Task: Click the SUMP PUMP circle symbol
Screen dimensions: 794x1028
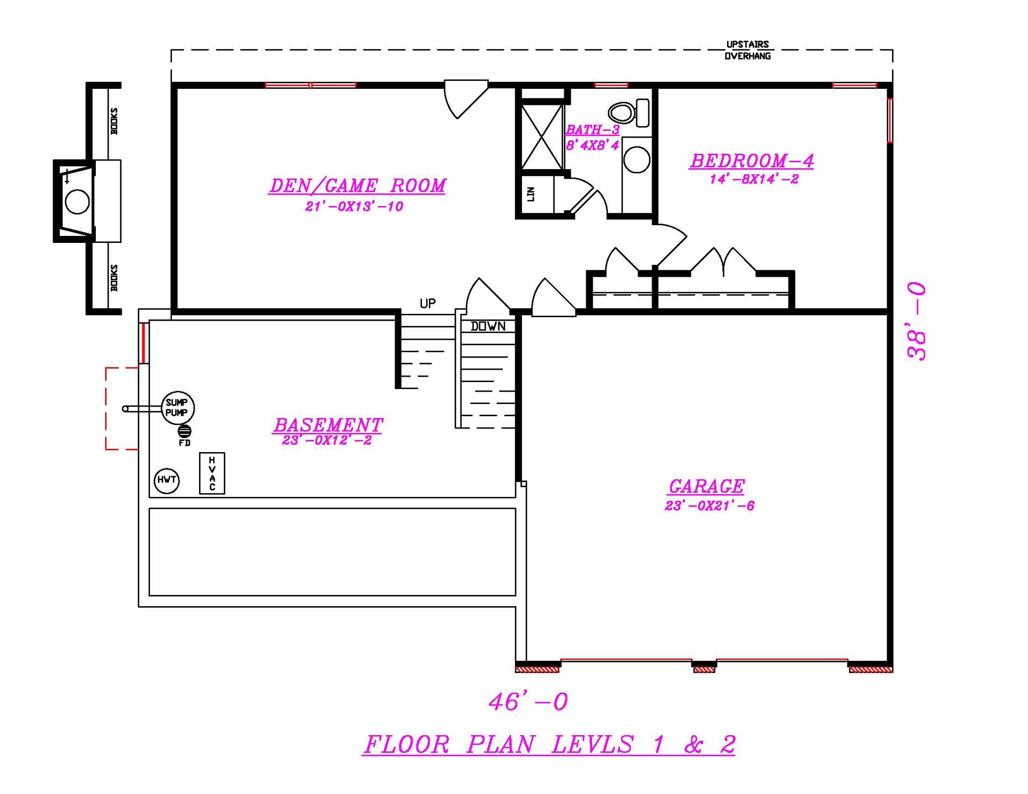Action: pyautogui.click(x=178, y=408)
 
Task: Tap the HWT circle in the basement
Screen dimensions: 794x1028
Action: pyautogui.click(x=167, y=480)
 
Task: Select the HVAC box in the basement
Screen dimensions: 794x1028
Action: pyautogui.click(x=212, y=474)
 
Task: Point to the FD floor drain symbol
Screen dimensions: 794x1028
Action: pyautogui.click(x=184, y=431)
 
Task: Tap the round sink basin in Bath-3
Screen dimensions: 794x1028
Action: pyautogui.click(x=637, y=159)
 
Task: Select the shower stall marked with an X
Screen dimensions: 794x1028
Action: pyautogui.click(x=542, y=137)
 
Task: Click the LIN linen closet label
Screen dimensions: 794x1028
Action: pyautogui.click(x=531, y=194)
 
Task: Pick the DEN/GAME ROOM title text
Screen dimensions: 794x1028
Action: pyautogui.click(x=357, y=186)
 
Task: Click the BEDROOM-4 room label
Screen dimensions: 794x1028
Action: pyautogui.click(x=752, y=161)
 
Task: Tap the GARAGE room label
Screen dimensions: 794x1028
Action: pyautogui.click(x=706, y=486)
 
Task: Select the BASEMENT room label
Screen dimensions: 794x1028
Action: pyautogui.click(x=328, y=425)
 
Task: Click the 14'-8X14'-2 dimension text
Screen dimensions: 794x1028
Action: pyautogui.click(x=754, y=179)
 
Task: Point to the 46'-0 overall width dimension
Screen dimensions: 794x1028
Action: pyautogui.click(x=528, y=701)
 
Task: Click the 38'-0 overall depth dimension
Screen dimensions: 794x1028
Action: pyautogui.click(x=917, y=322)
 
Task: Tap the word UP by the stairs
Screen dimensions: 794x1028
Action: pyautogui.click(x=427, y=303)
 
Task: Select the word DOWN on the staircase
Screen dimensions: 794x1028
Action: pyautogui.click(x=488, y=326)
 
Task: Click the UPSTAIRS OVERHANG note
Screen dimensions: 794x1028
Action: pyautogui.click(x=747, y=50)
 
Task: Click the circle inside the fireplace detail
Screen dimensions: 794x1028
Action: pyautogui.click(x=77, y=202)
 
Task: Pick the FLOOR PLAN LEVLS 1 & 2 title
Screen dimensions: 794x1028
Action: pyautogui.click(x=549, y=744)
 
